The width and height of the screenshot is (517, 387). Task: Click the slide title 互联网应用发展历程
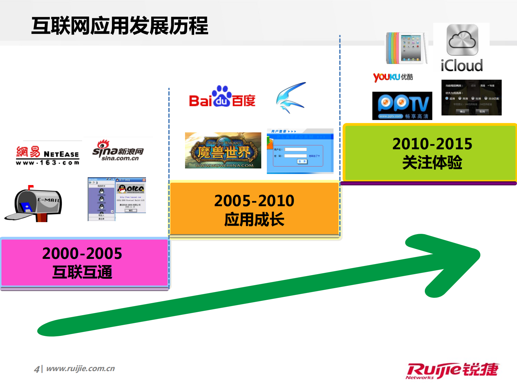[x=120, y=26]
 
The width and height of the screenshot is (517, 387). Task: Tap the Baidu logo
[x=222, y=97]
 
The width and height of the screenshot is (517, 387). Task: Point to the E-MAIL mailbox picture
[x=34, y=203]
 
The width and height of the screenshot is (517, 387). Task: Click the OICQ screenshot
[x=117, y=199]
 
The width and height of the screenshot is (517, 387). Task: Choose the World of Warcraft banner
[x=223, y=151]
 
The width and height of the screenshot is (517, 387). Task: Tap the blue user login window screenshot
[x=300, y=151]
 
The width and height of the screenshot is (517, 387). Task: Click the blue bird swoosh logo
[x=291, y=97]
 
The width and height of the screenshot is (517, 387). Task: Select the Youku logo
[x=393, y=77]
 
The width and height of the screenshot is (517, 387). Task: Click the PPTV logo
[x=402, y=106]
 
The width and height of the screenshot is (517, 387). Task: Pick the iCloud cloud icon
[x=462, y=40]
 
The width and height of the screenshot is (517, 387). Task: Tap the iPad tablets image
[x=407, y=48]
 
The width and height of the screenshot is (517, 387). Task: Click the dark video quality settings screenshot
[x=471, y=98]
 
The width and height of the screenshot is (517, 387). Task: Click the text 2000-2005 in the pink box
[x=82, y=253]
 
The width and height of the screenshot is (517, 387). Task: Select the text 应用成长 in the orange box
[x=254, y=220]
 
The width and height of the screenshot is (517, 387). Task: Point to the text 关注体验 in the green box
[x=432, y=162]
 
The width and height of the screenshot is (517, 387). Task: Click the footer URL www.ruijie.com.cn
[x=80, y=368]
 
